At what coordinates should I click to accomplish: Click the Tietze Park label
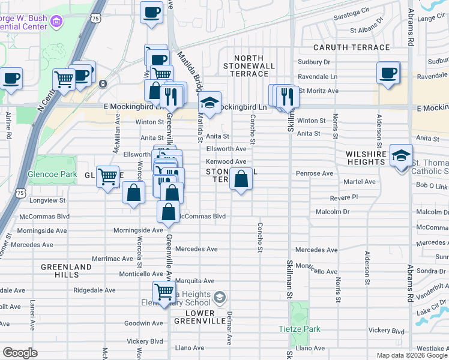[300, 329]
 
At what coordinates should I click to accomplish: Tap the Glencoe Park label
[52, 175]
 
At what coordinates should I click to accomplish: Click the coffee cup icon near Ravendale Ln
[388, 73]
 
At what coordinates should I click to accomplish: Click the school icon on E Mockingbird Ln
[209, 103]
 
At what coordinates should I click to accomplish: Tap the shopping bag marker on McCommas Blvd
[169, 212]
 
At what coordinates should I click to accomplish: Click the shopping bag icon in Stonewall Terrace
[241, 179]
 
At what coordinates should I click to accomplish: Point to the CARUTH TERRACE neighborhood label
[351, 47]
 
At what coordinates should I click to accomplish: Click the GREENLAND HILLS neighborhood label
[67, 271]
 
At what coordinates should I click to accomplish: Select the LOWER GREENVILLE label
[194, 317]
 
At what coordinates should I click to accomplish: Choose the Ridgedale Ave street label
[92, 289]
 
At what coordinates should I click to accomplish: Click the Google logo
[20, 353]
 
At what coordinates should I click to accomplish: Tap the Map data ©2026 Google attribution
[411, 355]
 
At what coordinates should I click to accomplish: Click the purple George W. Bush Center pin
[56, 22]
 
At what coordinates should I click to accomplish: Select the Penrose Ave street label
[314, 173]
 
